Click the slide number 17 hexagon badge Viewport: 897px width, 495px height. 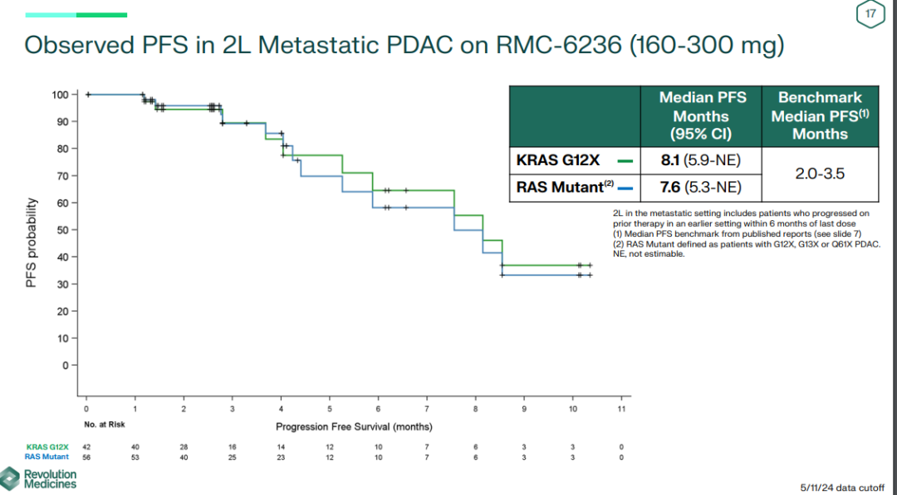870,14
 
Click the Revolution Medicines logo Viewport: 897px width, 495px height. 40,478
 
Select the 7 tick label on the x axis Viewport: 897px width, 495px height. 426,409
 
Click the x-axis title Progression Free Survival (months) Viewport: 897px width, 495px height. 354,426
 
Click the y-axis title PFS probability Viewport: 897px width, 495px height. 32,243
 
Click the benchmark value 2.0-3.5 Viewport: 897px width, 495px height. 820,174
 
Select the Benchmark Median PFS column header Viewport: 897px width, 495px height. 820,115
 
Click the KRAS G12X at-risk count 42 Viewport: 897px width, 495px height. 86,447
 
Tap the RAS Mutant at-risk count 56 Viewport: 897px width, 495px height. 86,456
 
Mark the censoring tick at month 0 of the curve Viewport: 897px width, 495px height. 87,95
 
